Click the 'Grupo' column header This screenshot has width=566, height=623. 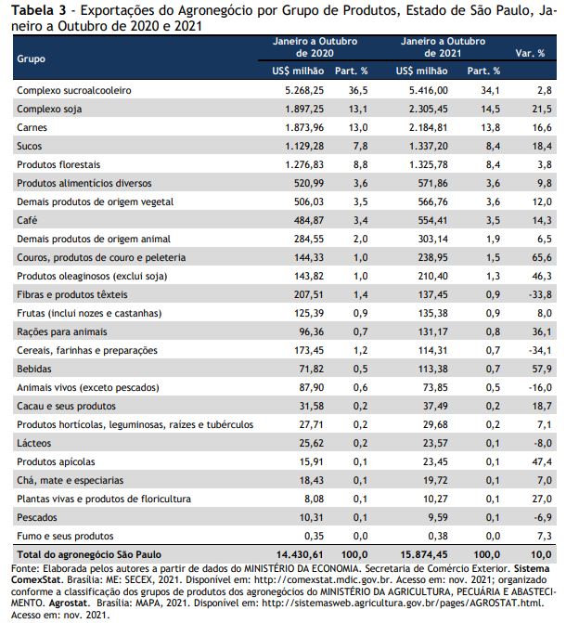click(x=31, y=58)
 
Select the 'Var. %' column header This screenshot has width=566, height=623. click(x=530, y=53)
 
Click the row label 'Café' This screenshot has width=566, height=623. click(x=27, y=220)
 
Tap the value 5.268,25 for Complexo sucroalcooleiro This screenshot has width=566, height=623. click(x=304, y=91)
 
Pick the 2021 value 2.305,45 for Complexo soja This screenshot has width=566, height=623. click(x=428, y=109)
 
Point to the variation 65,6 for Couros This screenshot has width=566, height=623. click(x=542, y=257)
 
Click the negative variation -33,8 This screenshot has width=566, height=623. click(x=540, y=295)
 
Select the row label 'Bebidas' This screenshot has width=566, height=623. click(x=34, y=369)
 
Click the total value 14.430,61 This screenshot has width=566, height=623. click(x=300, y=554)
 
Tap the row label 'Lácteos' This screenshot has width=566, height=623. click(x=33, y=443)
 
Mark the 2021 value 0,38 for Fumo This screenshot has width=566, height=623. click(x=438, y=536)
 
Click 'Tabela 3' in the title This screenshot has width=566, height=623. click(x=39, y=11)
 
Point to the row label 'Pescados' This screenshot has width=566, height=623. click(x=37, y=517)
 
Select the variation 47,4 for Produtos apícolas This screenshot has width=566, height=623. click(x=542, y=461)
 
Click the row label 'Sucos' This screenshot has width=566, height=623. click(x=30, y=146)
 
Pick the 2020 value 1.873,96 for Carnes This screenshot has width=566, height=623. click(x=304, y=127)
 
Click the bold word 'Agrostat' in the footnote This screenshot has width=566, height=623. click(x=68, y=604)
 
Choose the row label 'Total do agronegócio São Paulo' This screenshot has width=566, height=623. click(x=89, y=554)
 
